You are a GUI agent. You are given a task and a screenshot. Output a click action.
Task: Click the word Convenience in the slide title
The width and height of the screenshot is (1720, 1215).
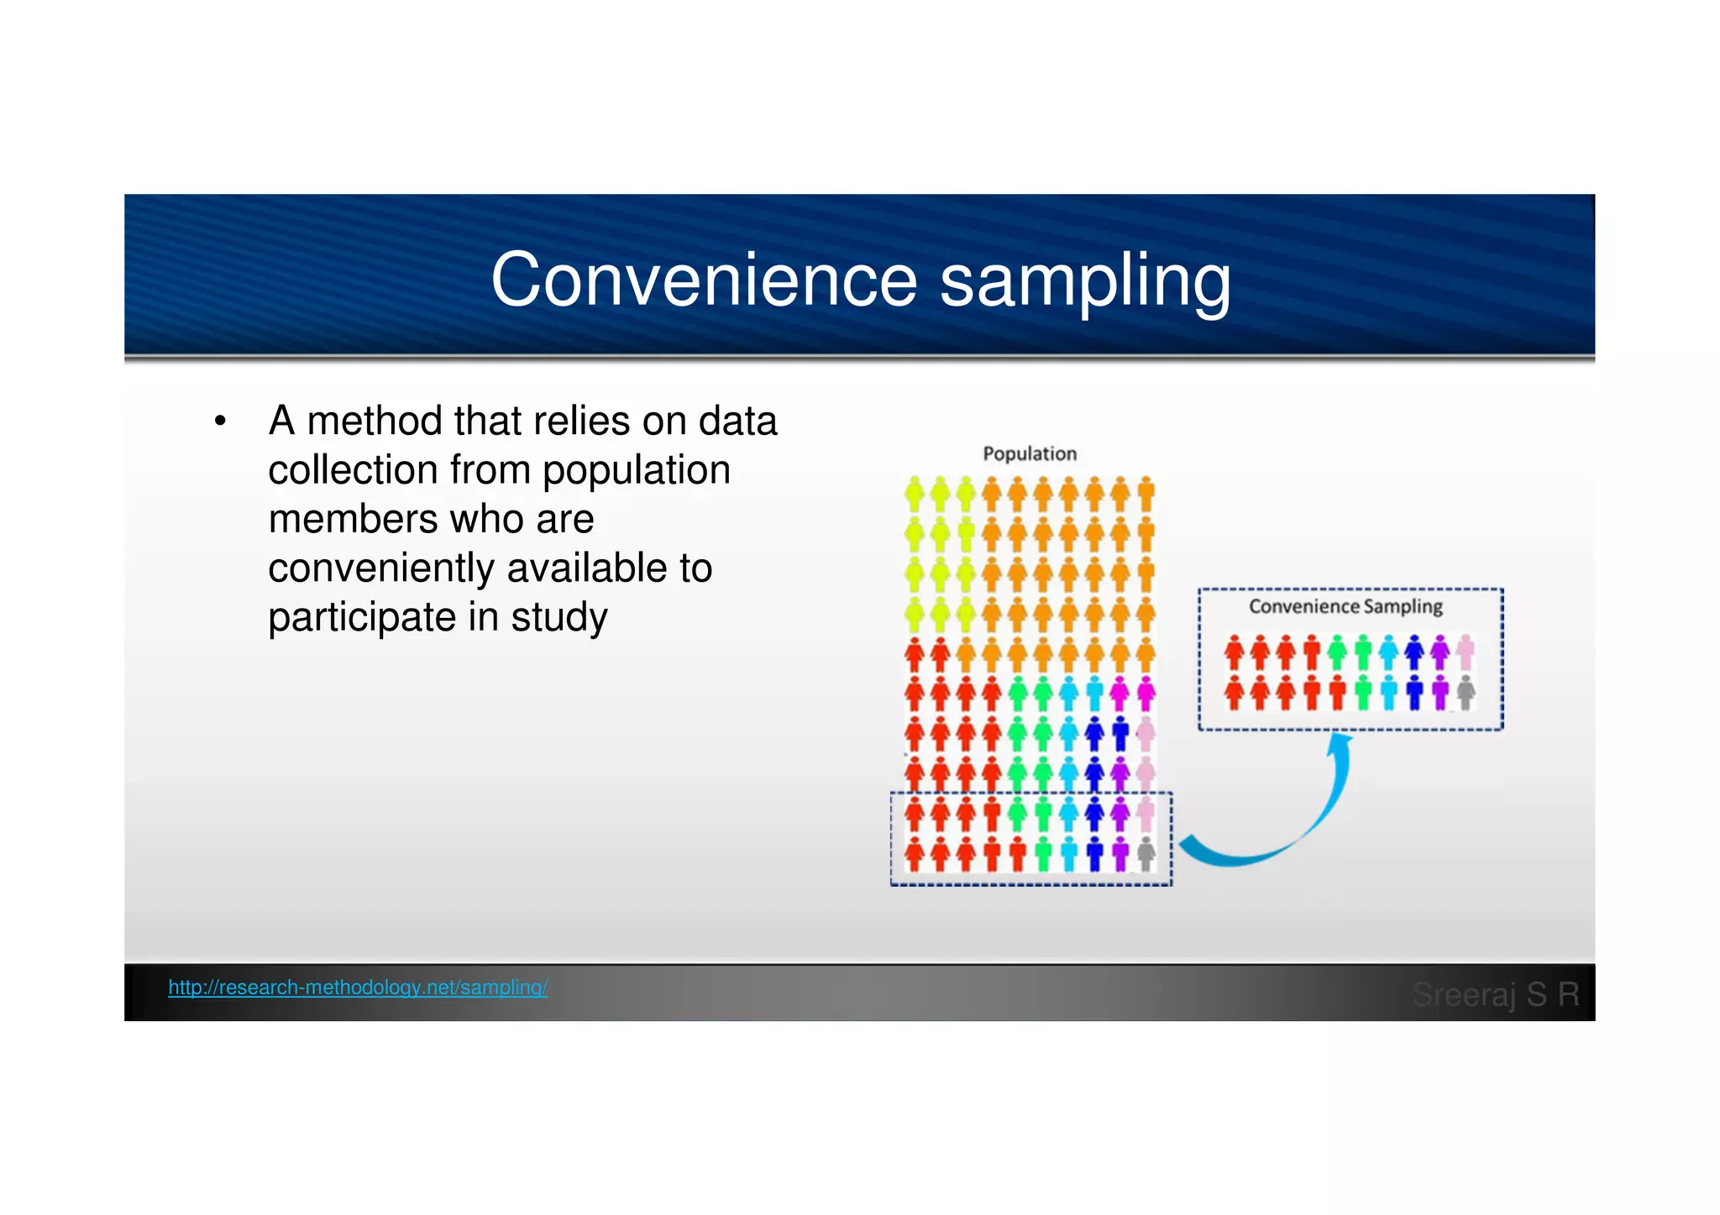point(704,280)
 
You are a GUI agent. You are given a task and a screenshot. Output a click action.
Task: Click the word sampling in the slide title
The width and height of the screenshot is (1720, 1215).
point(1084,281)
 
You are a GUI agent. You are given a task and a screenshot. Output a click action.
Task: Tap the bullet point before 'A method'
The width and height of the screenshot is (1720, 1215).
point(220,421)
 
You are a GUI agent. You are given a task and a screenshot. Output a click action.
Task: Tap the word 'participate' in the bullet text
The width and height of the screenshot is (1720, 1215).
point(362,617)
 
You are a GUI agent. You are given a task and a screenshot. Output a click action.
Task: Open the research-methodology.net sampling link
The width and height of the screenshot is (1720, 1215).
point(358,987)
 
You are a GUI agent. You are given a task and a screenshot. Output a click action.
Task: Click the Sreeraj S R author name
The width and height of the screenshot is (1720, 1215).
point(1495,994)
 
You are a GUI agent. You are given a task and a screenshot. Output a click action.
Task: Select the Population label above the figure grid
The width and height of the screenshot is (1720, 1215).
point(1030,453)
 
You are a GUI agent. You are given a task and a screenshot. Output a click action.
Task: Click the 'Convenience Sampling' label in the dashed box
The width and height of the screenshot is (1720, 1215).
point(1345,606)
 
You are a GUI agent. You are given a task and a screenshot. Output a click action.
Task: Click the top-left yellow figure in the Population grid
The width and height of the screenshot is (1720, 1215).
point(915,495)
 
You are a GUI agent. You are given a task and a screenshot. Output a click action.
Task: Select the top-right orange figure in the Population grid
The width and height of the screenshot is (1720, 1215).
point(1146,495)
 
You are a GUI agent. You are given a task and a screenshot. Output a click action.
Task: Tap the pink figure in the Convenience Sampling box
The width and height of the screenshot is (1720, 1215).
point(1466,652)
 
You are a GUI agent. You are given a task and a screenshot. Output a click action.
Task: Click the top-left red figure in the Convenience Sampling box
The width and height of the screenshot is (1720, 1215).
point(1234,652)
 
